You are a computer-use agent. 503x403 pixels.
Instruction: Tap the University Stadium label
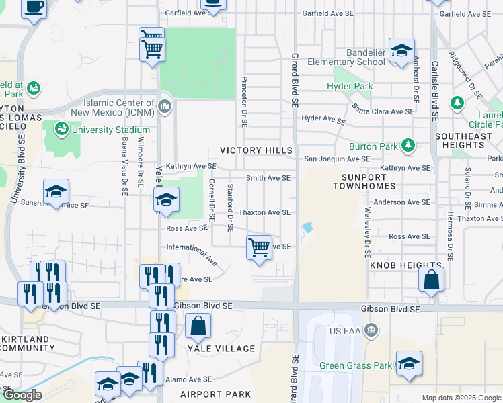111,130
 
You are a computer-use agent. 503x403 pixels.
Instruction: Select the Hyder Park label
350,87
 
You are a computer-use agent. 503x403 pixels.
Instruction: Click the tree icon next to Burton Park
407,146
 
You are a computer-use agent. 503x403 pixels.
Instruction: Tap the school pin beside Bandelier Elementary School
401,51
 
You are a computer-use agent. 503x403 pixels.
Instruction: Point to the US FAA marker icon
371,330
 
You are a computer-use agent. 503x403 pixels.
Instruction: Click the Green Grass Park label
356,366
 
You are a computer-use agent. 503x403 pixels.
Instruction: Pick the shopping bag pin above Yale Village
198,327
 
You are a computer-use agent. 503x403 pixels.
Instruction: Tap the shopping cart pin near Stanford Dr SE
259,248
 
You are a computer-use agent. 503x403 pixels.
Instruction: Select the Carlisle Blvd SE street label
435,84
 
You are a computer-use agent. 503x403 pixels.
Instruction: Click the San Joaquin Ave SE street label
337,159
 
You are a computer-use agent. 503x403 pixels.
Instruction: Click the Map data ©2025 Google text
461,398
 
